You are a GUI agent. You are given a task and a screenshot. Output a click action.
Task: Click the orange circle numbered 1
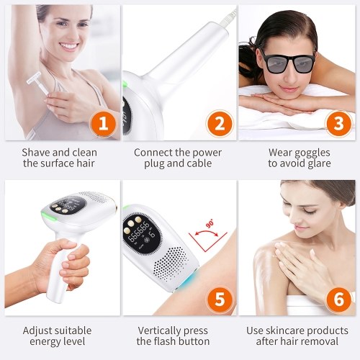pyautogui.click(x=103, y=124)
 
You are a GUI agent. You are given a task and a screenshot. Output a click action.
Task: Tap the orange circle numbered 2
pyautogui.click(x=220, y=124)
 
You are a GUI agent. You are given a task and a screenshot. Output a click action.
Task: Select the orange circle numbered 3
pyautogui.click(x=338, y=124)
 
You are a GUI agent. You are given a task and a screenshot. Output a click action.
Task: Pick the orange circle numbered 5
pyautogui.click(x=220, y=299)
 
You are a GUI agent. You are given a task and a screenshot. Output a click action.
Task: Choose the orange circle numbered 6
pyautogui.click(x=338, y=299)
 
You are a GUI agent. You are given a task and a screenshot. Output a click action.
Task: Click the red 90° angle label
pyautogui.click(x=210, y=225)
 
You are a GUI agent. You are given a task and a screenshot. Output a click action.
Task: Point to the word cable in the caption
pyautogui.click(x=199, y=163)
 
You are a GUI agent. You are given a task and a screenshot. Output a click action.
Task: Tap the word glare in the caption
pyautogui.click(x=318, y=164)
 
